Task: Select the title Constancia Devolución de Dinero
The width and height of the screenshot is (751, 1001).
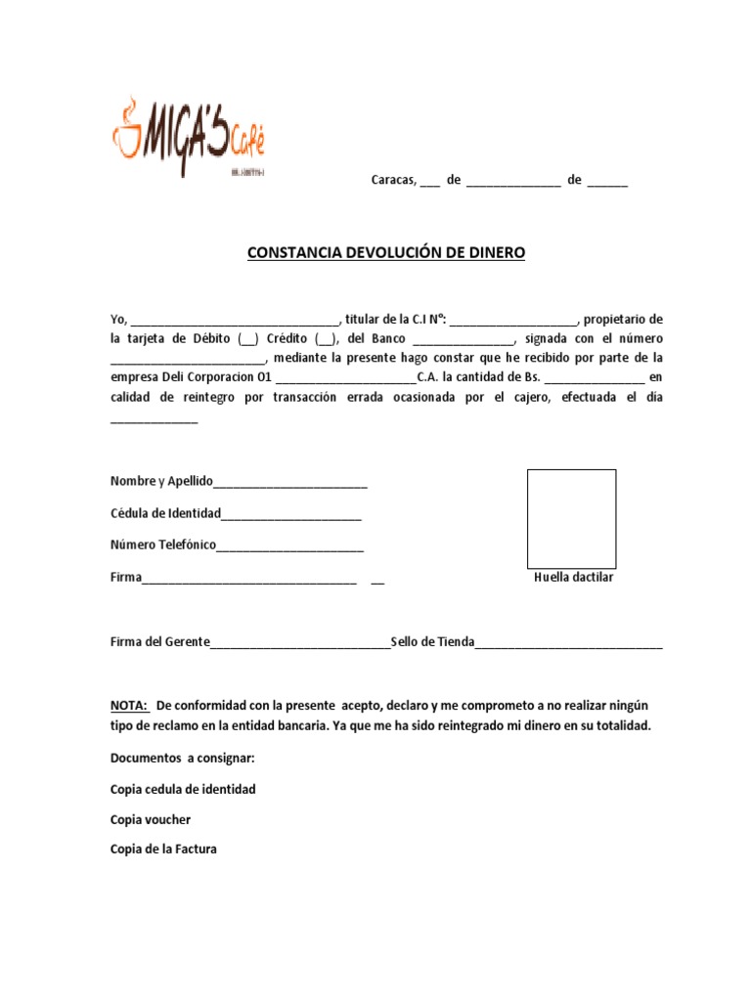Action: click(x=386, y=253)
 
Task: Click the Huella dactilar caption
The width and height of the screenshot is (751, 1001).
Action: click(x=573, y=578)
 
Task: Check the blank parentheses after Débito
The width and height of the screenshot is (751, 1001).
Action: click(x=247, y=339)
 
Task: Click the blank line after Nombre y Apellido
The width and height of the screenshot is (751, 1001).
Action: click(x=290, y=482)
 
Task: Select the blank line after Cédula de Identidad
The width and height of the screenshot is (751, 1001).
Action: click(x=291, y=514)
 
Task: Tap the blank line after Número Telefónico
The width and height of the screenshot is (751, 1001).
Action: click(x=290, y=545)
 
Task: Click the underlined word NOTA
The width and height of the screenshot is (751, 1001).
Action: click(x=129, y=705)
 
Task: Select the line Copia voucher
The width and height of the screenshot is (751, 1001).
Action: click(x=151, y=819)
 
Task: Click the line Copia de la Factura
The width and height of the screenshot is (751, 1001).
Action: click(x=163, y=849)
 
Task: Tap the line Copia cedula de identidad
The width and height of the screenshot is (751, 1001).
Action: click(x=183, y=789)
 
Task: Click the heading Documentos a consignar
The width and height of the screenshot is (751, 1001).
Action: click(x=183, y=758)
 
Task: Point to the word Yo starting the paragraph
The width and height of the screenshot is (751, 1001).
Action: click(x=118, y=319)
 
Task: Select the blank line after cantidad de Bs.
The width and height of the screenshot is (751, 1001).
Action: click(x=595, y=377)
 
